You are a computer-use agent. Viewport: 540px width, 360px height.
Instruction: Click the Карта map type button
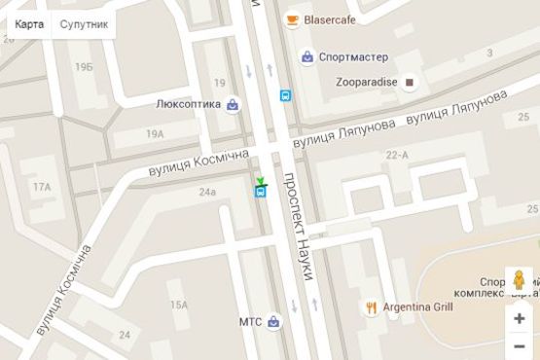pos(29,24)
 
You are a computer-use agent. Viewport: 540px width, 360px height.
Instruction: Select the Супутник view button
pos(85,24)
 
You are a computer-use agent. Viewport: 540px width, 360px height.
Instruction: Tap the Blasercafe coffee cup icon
pos(292,19)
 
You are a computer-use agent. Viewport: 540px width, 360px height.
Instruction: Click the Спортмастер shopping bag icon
pos(307,57)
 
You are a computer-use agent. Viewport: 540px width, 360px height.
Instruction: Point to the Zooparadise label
pos(366,83)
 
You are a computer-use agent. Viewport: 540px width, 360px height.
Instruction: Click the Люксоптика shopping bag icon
pos(234,104)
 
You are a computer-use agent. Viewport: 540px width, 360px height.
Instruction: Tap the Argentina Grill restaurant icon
pos(371,307)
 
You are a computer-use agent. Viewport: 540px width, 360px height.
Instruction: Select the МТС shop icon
pos(274,321)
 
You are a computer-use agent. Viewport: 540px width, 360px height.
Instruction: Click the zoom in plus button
pos(520,317)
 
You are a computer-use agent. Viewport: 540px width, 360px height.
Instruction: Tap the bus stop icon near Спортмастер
pos(285,95)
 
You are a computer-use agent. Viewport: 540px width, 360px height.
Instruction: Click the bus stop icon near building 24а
pos(261,192)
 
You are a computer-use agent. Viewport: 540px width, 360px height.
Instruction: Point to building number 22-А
pos(397,155)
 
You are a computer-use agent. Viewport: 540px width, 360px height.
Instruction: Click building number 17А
pos(42,186)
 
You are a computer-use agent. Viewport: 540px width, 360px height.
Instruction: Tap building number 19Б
pos(84,67)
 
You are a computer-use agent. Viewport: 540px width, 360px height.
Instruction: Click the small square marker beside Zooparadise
pos(410,83)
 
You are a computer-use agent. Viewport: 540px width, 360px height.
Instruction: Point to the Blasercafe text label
pos(331,19)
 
